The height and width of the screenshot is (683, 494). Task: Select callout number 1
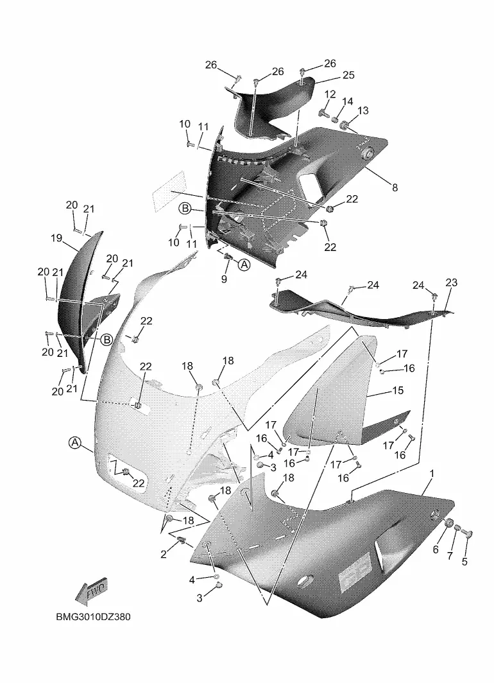click(432, 473)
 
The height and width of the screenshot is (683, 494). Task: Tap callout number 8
click(395, 187)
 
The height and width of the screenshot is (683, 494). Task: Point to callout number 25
click(348, 76)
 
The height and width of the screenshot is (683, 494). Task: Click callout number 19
click(56, 238)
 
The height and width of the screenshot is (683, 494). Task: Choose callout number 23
click(452, 282)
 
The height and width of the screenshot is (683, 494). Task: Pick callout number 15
click(398, 390)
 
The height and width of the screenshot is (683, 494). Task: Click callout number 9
click(224, 279)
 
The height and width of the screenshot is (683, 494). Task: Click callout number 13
click(362, 110)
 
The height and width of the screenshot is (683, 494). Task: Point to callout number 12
click(330, 94)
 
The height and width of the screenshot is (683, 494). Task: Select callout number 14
click(347, 101)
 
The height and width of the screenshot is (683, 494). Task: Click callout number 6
click(436, 549)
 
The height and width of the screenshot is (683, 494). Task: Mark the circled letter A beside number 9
click(244, 264)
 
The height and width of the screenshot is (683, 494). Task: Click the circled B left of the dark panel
click(184, 208)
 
